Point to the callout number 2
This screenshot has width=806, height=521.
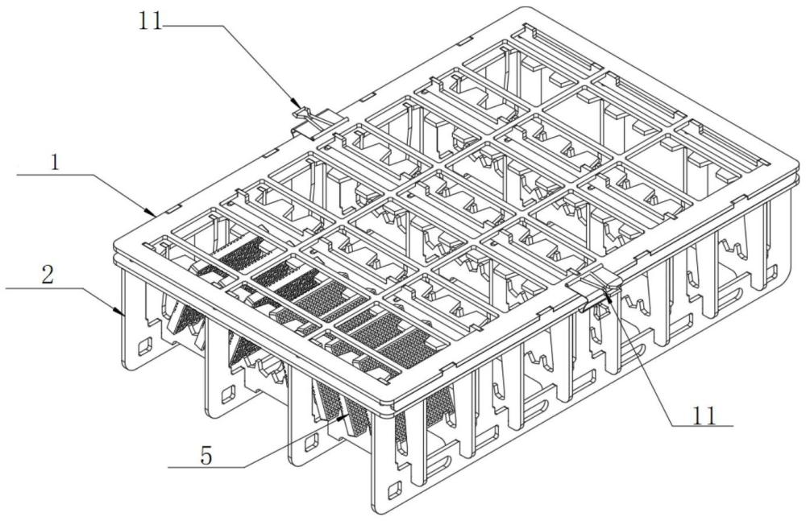tap(46, 274)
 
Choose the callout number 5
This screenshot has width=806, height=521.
tap(206, 456)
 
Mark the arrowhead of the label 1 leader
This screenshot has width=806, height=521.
tap(156, 213)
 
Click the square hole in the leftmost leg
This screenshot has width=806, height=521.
tap(145, 347)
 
